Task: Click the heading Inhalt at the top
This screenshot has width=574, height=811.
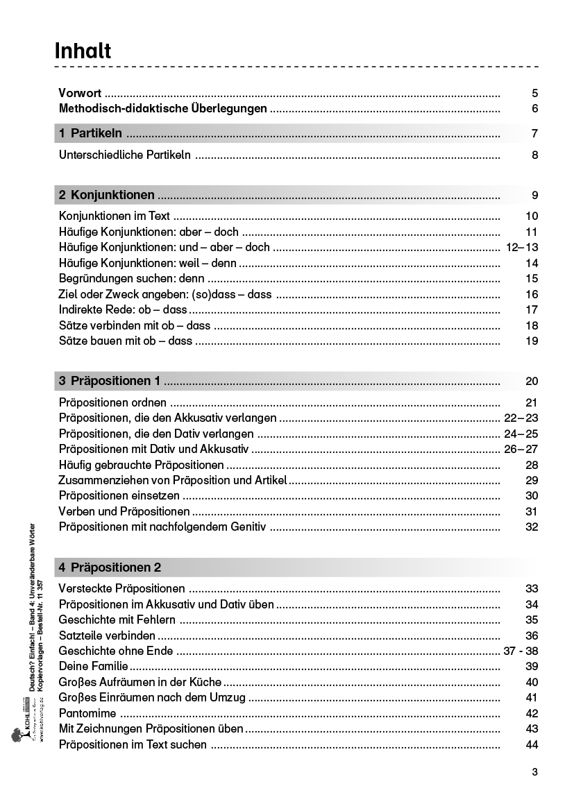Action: click(x=83, y=51)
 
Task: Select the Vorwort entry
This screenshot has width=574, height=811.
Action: click(x=80, y=93)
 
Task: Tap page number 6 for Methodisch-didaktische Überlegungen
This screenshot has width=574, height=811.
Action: click(x=534, y=109)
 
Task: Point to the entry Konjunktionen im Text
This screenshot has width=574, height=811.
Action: click(x=115, y=216)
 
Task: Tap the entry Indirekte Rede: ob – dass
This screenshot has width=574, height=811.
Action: click(x=123, y=309)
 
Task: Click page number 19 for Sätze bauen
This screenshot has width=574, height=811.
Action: click(x=532, y=341)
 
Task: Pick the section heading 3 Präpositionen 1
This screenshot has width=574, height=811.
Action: click(x=110, y=381)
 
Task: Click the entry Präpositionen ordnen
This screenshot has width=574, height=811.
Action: click(x=112, y=403)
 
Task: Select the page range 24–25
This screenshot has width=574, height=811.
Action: click(x=521, y=434)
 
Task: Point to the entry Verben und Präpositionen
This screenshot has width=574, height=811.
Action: click(x=124, y=512)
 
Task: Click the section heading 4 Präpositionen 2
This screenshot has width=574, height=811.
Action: click(x=110, y=567)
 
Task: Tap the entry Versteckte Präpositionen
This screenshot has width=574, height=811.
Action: click(x=121, y=589)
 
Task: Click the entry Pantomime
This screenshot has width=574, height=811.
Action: click(x=87, y=713)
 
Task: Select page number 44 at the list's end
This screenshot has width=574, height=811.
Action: click(x=532, y=744)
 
